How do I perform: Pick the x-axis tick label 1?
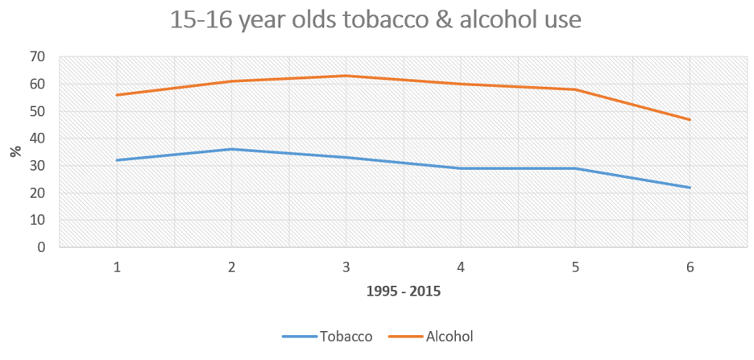tap(117, 266)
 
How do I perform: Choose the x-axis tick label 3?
tap(346, 266)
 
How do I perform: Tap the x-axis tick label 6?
tap(690, 266)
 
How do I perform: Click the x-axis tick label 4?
tap(460, 266)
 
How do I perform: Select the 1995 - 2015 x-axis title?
tap(403, 292)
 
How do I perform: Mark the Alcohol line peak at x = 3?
tap(346, 76)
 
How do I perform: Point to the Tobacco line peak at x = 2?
tap(231, 149)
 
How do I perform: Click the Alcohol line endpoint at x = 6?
tap(690, 119)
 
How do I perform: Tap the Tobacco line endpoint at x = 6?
tap(690, 188)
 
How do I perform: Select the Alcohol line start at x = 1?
tap(117, 95)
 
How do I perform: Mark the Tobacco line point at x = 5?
tap(574, 168)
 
